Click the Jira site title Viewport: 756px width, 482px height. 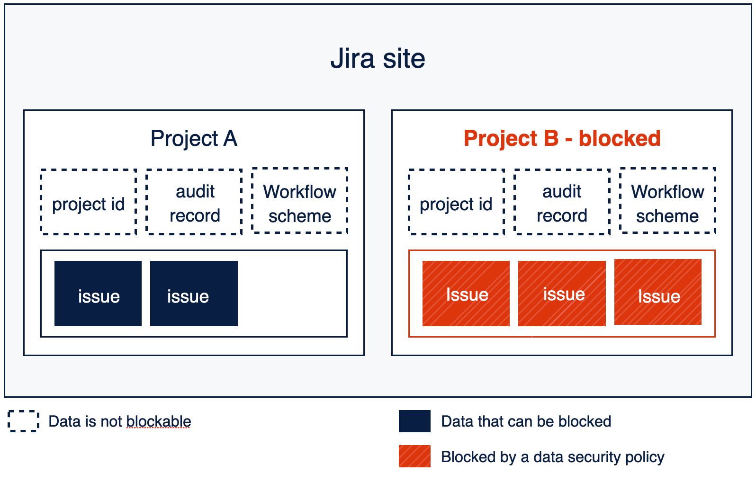coord(378,59)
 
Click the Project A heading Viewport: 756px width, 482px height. coord(194,139)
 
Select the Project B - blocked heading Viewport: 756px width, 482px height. coord(562,139)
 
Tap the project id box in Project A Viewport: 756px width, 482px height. coord(89,202)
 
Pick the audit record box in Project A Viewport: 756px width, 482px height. coord(194,202)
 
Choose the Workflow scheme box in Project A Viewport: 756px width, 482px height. coord(300,201)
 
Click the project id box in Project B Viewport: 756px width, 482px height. coord(457,202)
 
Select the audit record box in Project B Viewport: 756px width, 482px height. coord(562,202)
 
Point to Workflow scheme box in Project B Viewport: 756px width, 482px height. coord(667,201)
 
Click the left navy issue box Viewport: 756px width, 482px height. coord(98,294)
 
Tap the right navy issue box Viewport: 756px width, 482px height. coord(194,294)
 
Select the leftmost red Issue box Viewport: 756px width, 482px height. coord(466,294)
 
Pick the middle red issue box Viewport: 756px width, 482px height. coord(562,294)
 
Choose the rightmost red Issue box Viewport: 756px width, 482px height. coord(658,292)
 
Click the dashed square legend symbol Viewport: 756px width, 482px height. coord(23,421)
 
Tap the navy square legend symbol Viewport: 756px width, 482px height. coord(414,421)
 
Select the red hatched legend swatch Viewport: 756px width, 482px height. coord(414,456)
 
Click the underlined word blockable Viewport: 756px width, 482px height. coord(159,421)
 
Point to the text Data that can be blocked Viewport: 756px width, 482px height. coord(526,421)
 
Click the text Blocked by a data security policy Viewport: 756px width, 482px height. coord(552,457)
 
